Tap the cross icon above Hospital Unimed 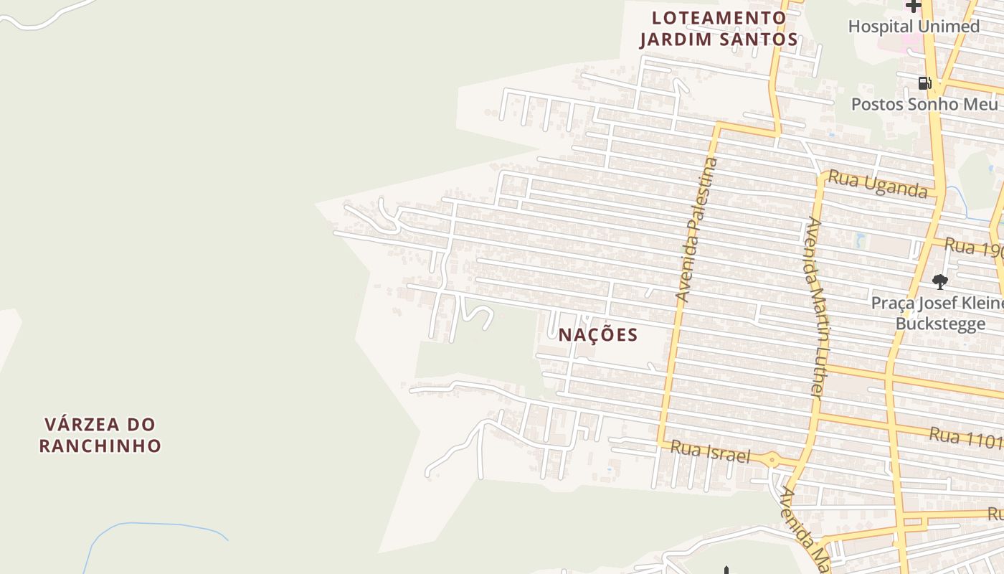click(x=913, y=6)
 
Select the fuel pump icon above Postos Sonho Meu click(x=924, y=83)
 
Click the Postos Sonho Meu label click(x=924, y=104)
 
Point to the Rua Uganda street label click(x=878, y=184)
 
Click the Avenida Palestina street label click(x=696, y=230)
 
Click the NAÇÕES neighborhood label click(x=598, y=335)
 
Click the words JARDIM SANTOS click(x=719, y=39)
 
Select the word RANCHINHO click(x=100, y=446)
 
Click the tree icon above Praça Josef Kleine click(x=939, y=281)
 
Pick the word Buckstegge click(x=940, y=324)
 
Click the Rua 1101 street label click(x=965, y=436)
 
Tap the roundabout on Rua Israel click(x=772, y=459)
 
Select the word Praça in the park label click(x=892, y=304)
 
